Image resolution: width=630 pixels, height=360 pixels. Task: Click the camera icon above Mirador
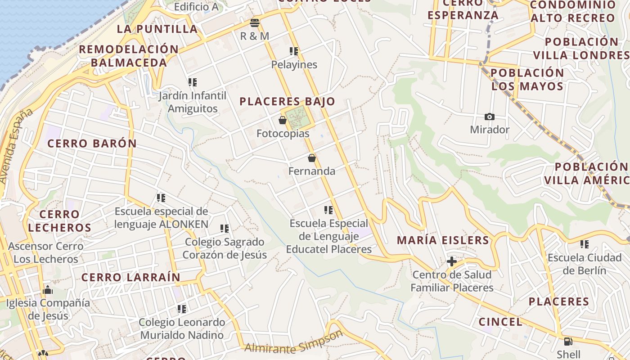489,117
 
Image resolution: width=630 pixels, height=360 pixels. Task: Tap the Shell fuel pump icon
568,342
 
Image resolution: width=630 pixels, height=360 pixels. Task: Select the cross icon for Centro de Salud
452,261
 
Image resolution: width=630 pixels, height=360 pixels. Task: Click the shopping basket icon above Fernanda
311,158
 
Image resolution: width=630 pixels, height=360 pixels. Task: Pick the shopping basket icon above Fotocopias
283,120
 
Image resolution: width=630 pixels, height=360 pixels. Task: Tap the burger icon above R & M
255,23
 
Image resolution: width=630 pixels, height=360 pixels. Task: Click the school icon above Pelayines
294,51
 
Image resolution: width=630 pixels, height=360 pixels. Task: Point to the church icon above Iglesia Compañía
47,290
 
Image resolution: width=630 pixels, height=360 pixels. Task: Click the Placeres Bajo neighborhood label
287,101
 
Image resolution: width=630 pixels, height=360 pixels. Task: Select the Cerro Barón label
92,144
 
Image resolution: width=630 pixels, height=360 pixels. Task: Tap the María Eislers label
443,240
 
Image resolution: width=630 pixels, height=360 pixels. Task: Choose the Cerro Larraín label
130,277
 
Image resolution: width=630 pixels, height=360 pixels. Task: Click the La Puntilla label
157,29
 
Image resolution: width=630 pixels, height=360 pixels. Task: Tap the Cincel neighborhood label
500,322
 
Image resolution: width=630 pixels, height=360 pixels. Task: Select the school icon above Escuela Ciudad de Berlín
585,244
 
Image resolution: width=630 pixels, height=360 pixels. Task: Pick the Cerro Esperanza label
463,9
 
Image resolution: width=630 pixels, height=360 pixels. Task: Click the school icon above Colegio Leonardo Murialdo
182,309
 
